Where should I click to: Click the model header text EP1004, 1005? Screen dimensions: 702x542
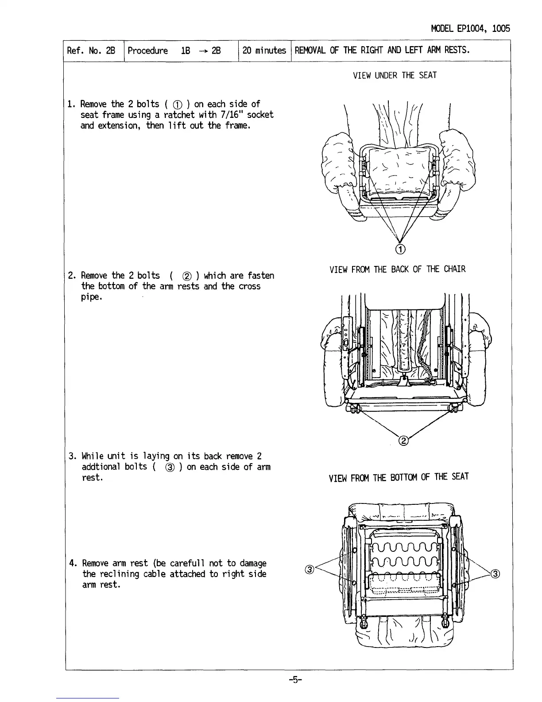pos(470,29)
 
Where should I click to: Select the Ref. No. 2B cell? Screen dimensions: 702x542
pos(91,51)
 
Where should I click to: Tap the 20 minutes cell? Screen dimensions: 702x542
pos(264,51)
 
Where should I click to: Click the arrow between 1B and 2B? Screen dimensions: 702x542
pos(203,51)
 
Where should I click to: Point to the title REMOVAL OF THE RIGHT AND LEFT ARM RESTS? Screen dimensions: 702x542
pos(382,50)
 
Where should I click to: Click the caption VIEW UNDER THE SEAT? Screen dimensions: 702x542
pos(394,75)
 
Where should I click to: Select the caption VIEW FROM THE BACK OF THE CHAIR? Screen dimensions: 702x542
pos(397,269)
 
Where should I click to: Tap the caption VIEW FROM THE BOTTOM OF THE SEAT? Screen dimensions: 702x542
pos(398,477)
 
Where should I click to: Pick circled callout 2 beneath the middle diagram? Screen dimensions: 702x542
pos(403,441)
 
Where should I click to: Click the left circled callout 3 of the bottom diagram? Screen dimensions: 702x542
pos(310,569)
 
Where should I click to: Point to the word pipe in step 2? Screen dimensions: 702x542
pos(91,297)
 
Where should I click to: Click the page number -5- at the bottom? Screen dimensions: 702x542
pos(294,691)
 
